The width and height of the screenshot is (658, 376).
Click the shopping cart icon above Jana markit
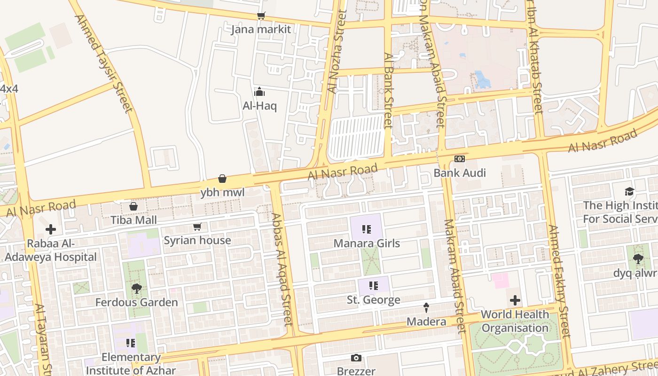click(261, 16)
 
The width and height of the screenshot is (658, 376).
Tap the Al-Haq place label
click(259, 106)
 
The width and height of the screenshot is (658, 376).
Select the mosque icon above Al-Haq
click(259, 92)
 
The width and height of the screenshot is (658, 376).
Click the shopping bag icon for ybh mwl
click(222, 179)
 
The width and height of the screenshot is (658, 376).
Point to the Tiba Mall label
click(133, 219)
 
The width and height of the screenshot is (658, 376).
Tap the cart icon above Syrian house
click(197, 227)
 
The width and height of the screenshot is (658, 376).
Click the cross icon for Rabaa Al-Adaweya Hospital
click(51, 229)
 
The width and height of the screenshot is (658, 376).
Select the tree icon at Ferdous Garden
click(137, 288)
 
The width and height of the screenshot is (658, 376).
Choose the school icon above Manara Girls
click(367, 229)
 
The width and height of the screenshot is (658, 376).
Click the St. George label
click(374, 299)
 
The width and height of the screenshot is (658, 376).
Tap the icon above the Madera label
click(426, 307)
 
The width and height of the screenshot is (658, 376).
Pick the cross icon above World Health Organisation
click(515, 300)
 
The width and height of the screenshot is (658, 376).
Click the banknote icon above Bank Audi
click(460, 159)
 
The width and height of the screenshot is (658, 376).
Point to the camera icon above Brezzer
click(356, 358)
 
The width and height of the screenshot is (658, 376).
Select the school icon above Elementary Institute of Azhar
click(131, 343)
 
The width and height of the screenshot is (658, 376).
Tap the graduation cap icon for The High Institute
click(629, 191)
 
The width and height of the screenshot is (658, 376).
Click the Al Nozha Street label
click(337, 52)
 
